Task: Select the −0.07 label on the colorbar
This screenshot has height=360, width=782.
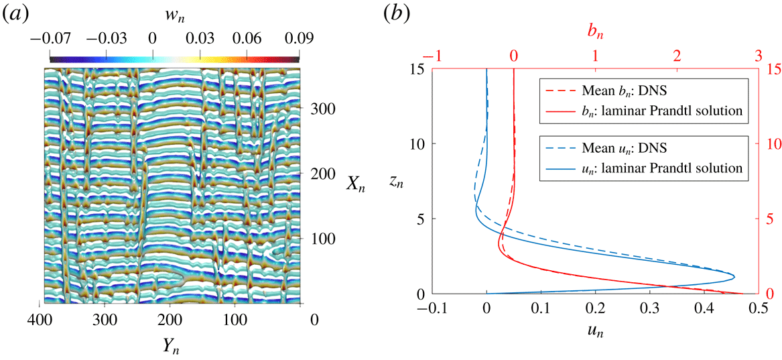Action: [x=50, y=40]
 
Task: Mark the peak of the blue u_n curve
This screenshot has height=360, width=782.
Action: [x=734, y=276]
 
